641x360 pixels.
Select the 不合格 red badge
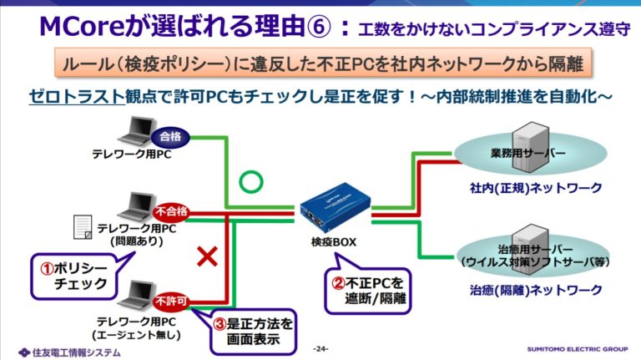pyautogui.click(x=170, y=211)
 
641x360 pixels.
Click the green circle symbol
pyautogui.click(x=249, y=180)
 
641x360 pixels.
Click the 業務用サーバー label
pyautogui.click(x=523, y=155)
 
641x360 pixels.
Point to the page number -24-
pyautogui.click(x=320, y=348)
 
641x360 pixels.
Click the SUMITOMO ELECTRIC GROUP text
pyautogui.click(x=577, y=349)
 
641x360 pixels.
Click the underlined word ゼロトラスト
pyautogui.click(x=68, y=98)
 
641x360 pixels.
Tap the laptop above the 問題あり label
pyautogui.click(x=134, y=206)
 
